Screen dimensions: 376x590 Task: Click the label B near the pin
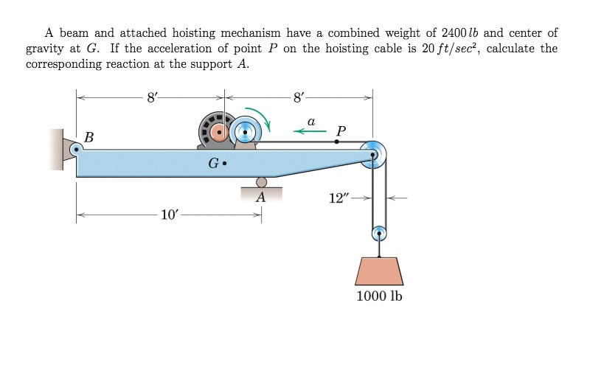(x=89, y=136)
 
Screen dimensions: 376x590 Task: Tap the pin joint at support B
(x=75, y=149)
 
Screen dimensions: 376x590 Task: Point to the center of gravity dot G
(x=224, y=164)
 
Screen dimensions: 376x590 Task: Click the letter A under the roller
(x=260, y=198)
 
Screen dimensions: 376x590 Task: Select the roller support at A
(x=261, y=183)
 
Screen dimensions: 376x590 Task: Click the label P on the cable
(x=340, y=130)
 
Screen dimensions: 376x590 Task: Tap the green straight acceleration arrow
(x=310, y=131)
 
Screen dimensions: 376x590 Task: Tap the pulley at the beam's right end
(x=372, y=154)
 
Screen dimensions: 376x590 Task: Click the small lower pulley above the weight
(x=379, y=235)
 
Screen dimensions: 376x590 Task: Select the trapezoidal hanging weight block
(x=379, y=271)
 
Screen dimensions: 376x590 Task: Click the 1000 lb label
(x=379, y=296)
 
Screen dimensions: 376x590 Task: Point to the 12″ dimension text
(x=340, y=198)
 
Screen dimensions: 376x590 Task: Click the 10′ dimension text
(x=169, y=215)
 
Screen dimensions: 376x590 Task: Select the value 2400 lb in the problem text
(x=458, y=33)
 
